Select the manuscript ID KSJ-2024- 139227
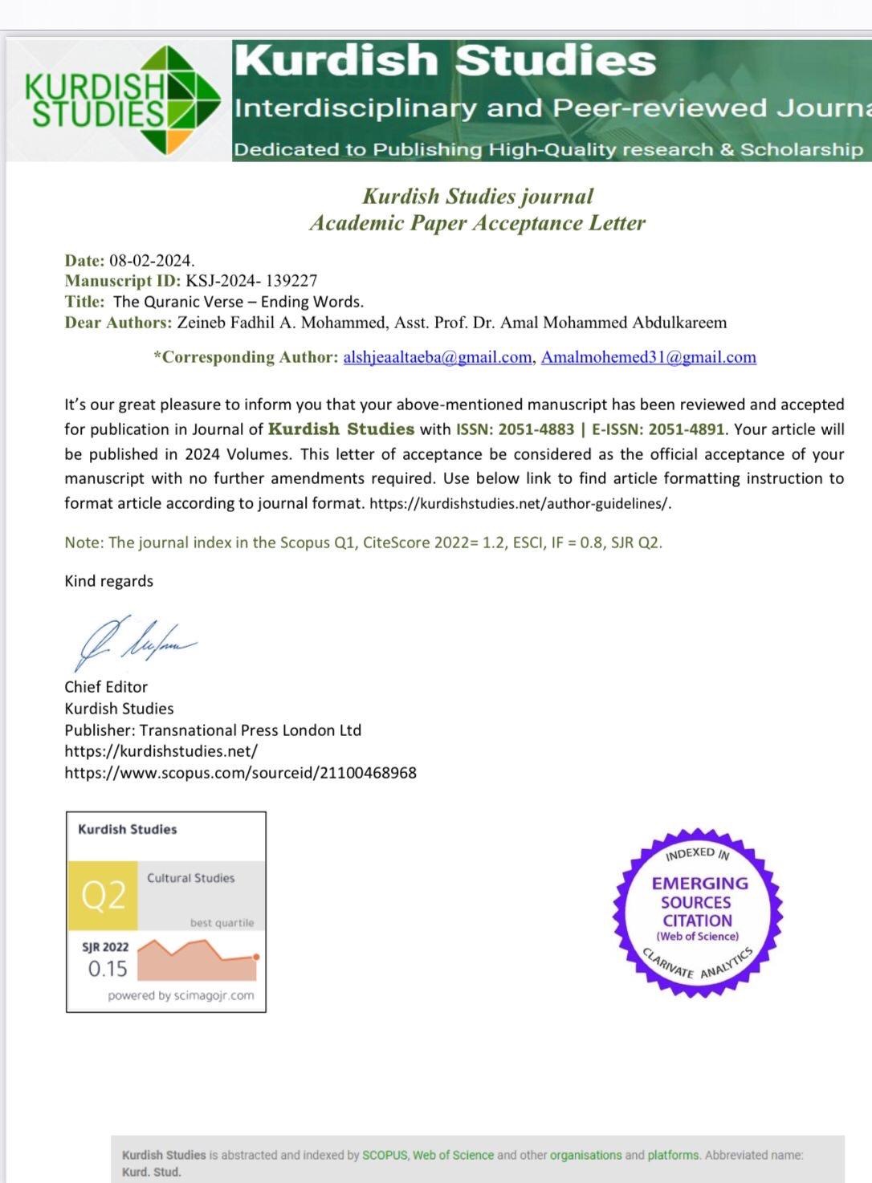coord(251,281)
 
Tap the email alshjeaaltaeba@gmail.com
coord(438,357)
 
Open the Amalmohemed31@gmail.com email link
coord(649,357)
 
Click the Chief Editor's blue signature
coord(132,641)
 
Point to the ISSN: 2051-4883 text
coord(515,429)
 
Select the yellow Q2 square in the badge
coord(103,896)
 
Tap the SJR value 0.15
coord(108,969)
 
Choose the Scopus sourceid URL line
coord(240,773)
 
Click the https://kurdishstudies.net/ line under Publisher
coord(161,751)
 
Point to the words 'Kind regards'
coord(108,581)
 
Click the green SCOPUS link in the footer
coord(385,1155)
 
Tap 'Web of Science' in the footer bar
coord(453,1155)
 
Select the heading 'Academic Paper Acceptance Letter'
coord(477,223)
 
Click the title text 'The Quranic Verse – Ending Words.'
coord(238,302)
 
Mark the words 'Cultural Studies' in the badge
coord(190,878)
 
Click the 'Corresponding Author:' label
coord(246,357)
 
